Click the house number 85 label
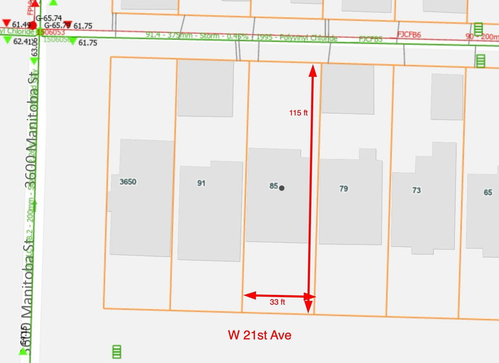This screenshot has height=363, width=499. point(273,186)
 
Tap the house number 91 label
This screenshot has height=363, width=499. point(201,183)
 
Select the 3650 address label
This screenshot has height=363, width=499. point(128,182)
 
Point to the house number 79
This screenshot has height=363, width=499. point(344,189)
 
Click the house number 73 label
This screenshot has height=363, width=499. point(417,191)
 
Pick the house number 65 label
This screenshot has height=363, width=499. point(488,192)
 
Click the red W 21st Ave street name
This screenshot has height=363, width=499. point(259,336)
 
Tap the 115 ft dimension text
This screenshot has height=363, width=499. point(299,113)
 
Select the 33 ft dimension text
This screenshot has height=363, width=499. point(278,303)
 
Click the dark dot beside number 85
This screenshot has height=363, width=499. point(282,187)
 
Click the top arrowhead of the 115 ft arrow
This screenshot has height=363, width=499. point(312,70)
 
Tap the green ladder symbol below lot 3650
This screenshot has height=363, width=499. point(116,352)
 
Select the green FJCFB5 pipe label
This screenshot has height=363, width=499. point(371,39)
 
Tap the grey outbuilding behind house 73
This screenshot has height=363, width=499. point(447,97)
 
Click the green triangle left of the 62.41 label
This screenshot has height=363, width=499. point(7,40)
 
